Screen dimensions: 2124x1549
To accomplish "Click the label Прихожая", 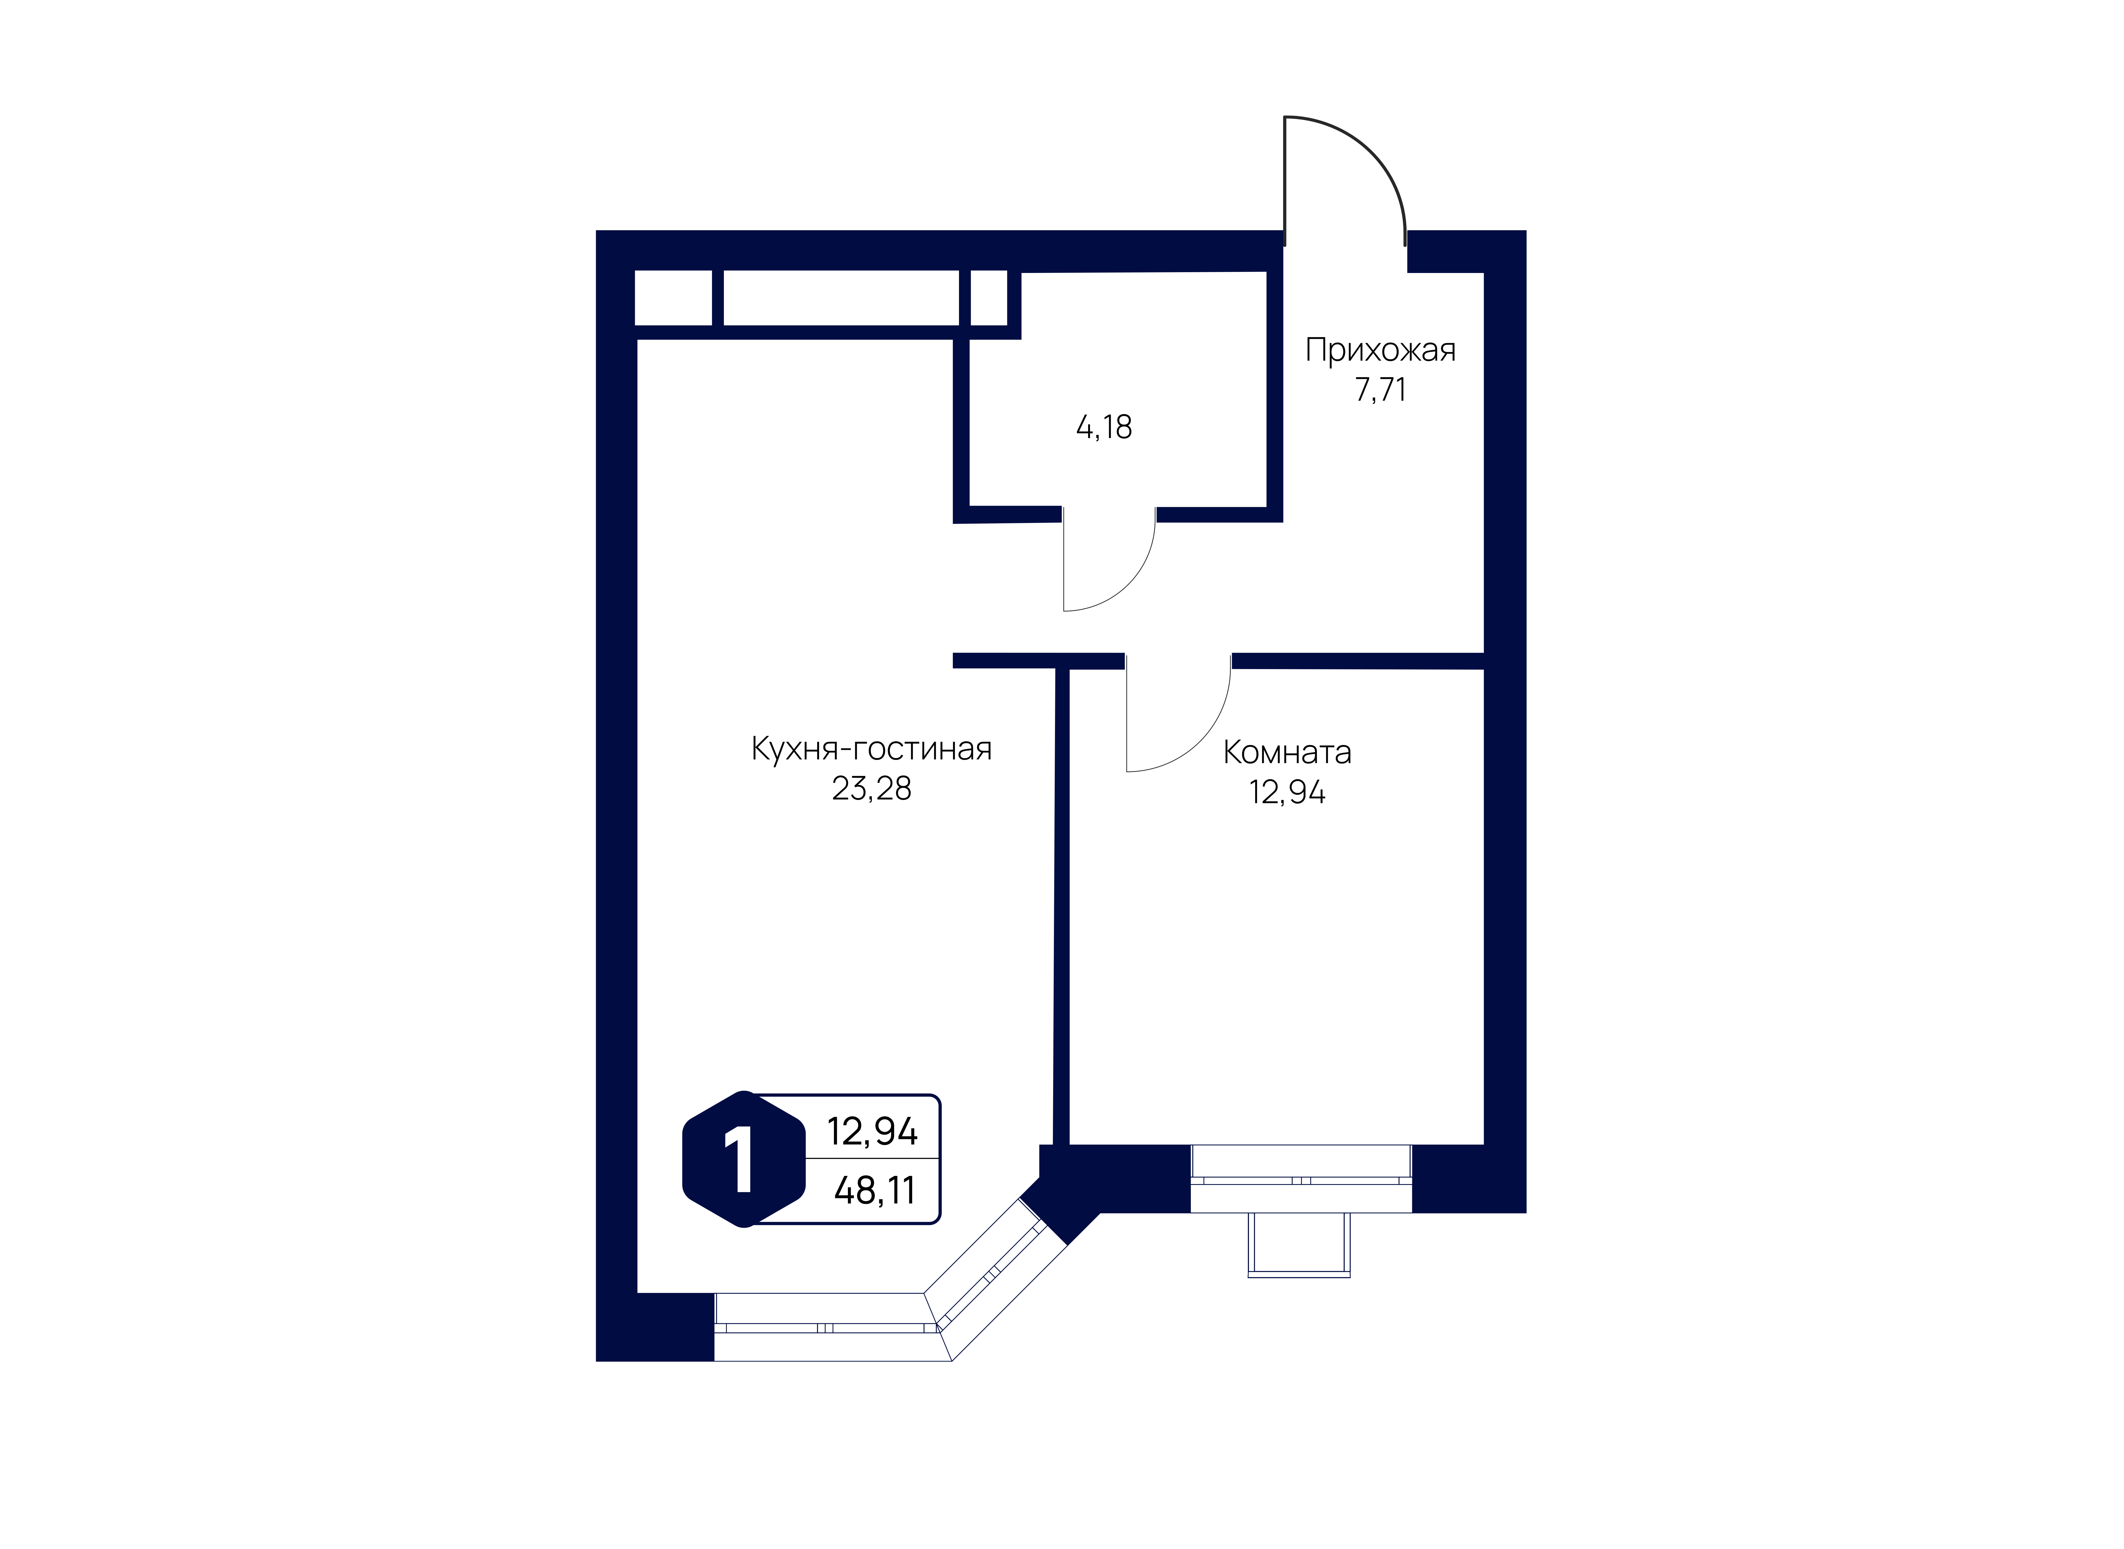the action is pyautogui.click(x=1380, y=351).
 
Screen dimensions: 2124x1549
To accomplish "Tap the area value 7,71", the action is pyautogui.click(x=1380, y=389).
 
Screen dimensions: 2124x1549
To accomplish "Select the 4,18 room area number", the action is pyautogui.click(x=1104, y=428).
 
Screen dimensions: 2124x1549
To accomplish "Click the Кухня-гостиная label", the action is pyautogui.click(x=871, y=749).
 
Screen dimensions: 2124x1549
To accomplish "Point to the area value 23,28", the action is pyautogui.click(x=871, y=788).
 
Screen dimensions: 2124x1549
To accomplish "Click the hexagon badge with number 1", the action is pyautogui.click(x=744, y=1159).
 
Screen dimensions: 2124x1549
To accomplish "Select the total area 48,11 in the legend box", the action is pyautogui.click(x=874, y=1191).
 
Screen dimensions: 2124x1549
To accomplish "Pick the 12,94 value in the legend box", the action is pyautogui.click(x=872, y=1132).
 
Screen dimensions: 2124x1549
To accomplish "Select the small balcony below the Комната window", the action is pyautogui.click(x=1299, y=1244).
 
